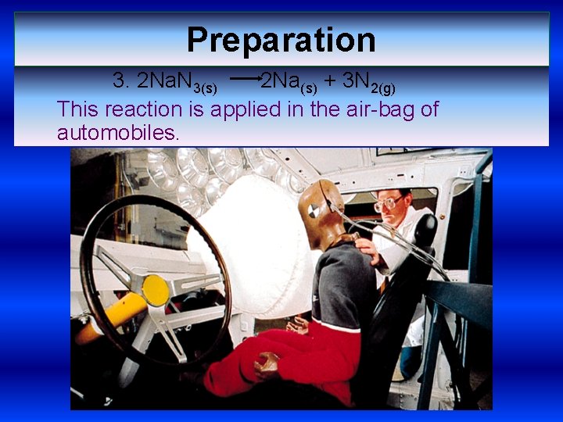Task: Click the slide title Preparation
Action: click(x=281, y=40)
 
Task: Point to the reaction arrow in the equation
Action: click(x=246, y=79)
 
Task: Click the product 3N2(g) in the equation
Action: click(x=368, y=81)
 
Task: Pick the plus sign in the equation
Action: click(x=330, y=80)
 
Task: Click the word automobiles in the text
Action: click(x=118, y=133)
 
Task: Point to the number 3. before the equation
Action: click(x=121, y=80)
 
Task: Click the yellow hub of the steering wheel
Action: click(x=156, y=291)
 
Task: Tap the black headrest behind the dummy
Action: click(x=425, y=231)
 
